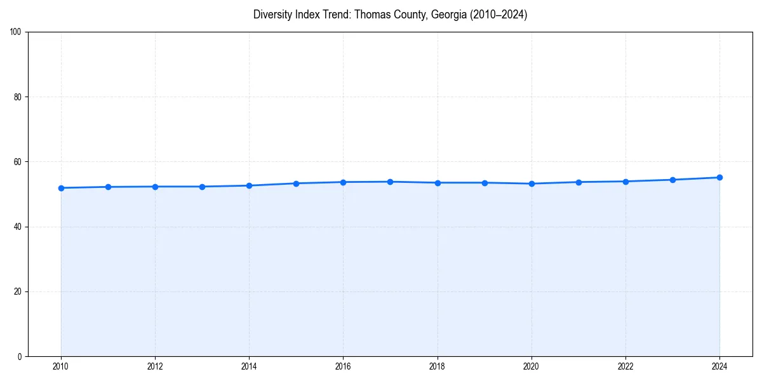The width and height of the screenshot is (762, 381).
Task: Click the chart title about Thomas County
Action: pyautogui.click(x=390, y=15)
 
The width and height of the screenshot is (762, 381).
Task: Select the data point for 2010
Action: pyautogui.click(x=61, y=188)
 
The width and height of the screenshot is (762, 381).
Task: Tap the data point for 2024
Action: pyautogui.click(x=719, y=178)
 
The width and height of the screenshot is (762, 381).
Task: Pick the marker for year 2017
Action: pyautogui.click(x=390, y=182)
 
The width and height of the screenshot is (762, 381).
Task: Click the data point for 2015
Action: pyautogui.click(x=296, y=184)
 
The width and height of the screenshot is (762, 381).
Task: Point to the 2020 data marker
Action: pyautogui.click(x=531, y=184)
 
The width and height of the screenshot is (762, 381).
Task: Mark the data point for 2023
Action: pyautogui.click(x=672, y=180)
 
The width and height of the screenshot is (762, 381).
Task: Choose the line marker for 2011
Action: pyautogui.click(x=108, y=187)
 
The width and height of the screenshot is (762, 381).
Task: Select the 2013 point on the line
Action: pyautogui.click(x=202, y=187)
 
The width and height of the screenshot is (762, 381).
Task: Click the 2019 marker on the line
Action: pyautogui.click(x=485, y=183)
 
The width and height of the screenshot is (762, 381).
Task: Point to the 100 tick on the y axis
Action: pyautogui.click(x=16, y=32)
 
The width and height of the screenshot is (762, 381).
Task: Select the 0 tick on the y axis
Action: pyautogui.click(x=20, y=356)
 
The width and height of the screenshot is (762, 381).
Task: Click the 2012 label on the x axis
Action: pyautogui.click(x=155, y=366)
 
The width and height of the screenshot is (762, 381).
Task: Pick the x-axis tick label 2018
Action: pyautogui.click(x=437, y=366)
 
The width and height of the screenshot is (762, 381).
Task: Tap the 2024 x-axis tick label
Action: pyautogui.click(x=719, y=366)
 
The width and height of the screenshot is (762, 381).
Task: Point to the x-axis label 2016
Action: pyautogui.click(x=343, y=366)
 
